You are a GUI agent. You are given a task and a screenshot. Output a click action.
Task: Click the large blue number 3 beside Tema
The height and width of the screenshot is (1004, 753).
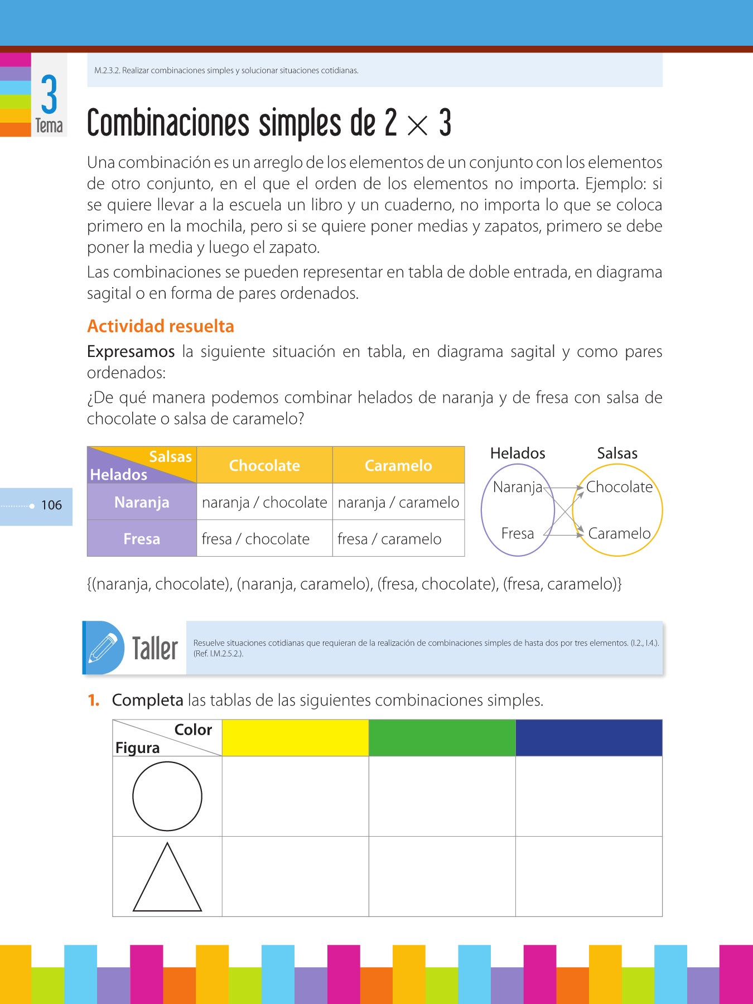click(x=49, y=94)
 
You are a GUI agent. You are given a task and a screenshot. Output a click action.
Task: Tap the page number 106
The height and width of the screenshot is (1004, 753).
click(x=51, y=505)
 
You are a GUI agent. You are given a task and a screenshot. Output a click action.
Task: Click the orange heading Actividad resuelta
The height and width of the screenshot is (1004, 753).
click(x=161, y=326)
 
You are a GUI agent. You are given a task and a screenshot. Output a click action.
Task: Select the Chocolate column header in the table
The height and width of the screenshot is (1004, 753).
click(x=264, y=465)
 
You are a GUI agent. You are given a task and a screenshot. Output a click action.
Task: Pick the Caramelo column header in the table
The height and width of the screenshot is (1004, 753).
click(x=398, y=465)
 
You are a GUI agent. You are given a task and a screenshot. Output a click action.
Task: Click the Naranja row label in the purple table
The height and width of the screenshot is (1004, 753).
click(x=142, y=502)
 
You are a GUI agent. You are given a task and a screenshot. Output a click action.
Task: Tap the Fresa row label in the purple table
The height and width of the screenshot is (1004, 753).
click(x=142, y=539)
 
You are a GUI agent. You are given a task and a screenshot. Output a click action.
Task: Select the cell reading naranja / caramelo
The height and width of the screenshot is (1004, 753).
click(x=398, y=503)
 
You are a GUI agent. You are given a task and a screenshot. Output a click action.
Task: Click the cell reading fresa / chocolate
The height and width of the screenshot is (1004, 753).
click(x=255, y=539)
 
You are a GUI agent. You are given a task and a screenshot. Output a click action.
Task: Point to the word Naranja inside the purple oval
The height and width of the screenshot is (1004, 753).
click(x=517, y=487)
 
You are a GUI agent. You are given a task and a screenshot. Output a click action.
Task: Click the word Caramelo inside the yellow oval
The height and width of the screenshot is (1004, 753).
click(x=619, y=534)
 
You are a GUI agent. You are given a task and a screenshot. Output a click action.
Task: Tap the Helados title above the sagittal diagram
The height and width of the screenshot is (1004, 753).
click(x=518, y=453)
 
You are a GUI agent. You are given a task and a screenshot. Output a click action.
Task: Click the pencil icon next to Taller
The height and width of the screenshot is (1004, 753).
click(x=104, y=648)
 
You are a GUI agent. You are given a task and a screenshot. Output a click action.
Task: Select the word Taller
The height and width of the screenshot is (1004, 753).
click(x=155, y=649)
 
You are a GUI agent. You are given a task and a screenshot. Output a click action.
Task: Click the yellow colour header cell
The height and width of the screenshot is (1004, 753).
click(x=295, y=737)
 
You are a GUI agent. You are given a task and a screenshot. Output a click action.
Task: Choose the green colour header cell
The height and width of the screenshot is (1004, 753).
click(x=442, y=737)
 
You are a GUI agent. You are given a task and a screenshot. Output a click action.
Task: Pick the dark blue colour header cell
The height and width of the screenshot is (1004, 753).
click(x=588, y=737)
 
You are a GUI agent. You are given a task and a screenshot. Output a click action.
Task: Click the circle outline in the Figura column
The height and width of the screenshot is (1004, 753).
click(x=167, y=796)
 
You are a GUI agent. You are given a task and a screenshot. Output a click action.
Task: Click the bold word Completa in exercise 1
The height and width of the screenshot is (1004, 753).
click(x=148, y=700)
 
